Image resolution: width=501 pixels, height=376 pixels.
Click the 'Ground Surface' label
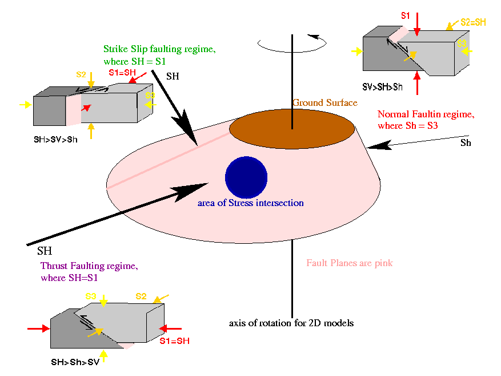[324, 103]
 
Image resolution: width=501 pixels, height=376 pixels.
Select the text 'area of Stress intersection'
[250, 203]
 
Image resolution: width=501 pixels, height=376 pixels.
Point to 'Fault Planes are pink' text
[350, 263]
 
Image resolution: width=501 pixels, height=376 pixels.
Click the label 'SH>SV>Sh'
[55, 138]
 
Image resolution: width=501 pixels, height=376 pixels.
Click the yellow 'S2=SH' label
[473, 23]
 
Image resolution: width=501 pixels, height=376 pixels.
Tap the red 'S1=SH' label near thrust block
[174, 341]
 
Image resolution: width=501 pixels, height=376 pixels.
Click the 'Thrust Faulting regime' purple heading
[89, 266]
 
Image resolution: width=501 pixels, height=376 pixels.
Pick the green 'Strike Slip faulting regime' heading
[159, 49]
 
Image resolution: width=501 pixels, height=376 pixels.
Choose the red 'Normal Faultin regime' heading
[426, 114]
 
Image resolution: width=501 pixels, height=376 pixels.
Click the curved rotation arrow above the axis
[292, 42]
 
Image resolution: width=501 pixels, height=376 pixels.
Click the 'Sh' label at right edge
[466, 143]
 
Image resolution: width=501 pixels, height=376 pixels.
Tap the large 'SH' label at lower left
[45, 251]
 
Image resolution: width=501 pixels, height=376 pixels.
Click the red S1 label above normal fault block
[405, 16]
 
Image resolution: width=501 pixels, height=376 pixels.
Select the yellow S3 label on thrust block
[90, 296]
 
